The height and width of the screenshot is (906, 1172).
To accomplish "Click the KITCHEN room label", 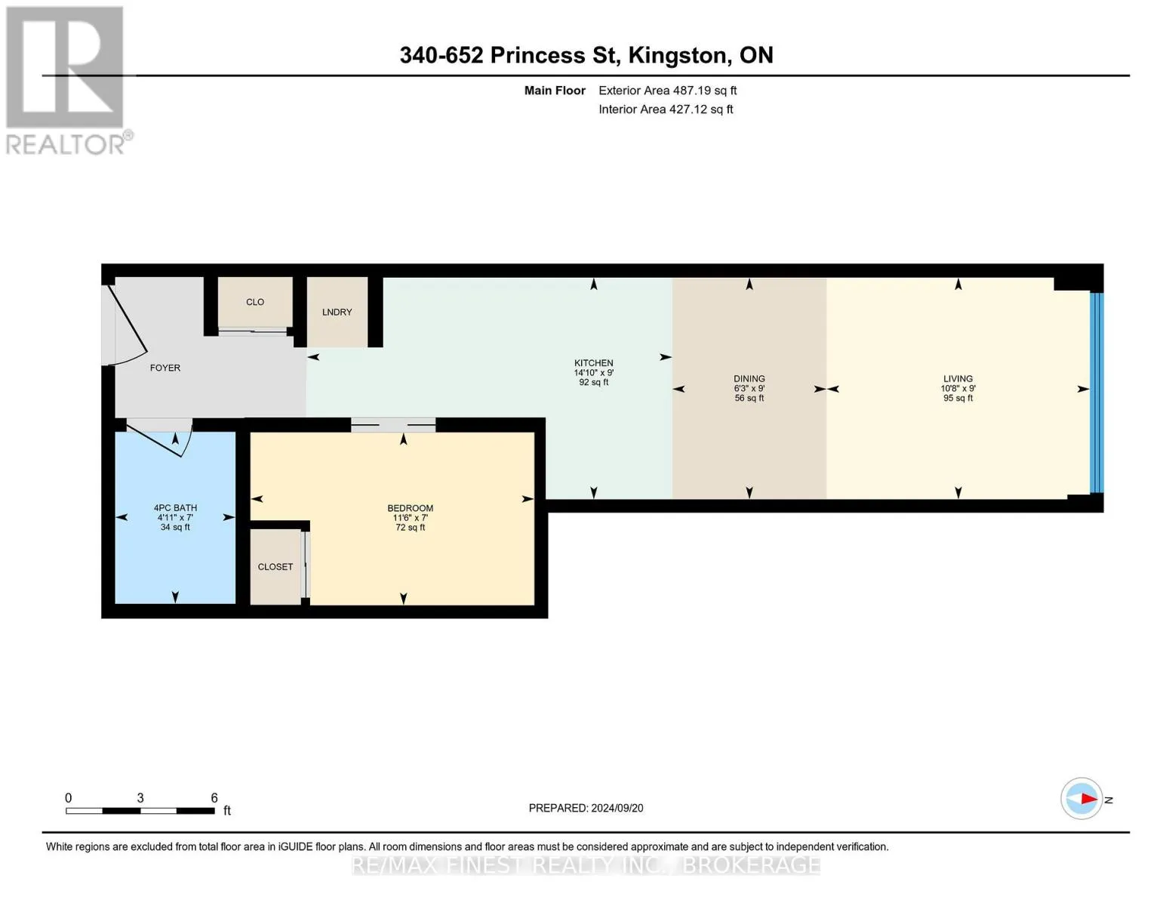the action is pos(593,363).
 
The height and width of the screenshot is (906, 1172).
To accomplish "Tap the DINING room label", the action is pos(749,379).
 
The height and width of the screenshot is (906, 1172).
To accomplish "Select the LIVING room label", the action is pos(958,379).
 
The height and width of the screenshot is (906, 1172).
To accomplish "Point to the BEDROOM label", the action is pos(410,508).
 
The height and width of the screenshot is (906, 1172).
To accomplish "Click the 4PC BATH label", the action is pos(175,508).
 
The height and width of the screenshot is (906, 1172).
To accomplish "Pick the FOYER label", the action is pos(165,368).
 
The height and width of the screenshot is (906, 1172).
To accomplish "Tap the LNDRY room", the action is pos(337,312).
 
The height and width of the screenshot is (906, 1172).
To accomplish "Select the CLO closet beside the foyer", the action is pos(255,302).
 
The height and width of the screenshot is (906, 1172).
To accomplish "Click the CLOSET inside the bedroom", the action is pos(275,566).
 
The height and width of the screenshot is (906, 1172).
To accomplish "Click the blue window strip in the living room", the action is pos(1097,393).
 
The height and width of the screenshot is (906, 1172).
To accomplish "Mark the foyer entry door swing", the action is pos(128,327).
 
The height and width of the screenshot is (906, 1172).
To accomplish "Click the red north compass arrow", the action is pos(1088,799).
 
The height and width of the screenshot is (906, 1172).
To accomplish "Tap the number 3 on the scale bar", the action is pos(140,798).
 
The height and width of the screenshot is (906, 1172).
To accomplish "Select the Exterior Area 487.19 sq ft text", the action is pos(667,91).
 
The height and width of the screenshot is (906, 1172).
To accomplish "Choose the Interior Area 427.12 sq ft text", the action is pos(666,109).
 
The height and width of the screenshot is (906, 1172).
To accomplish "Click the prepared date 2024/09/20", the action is pos(617,809).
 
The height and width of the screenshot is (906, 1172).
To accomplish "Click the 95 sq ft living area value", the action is pos(958,398).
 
